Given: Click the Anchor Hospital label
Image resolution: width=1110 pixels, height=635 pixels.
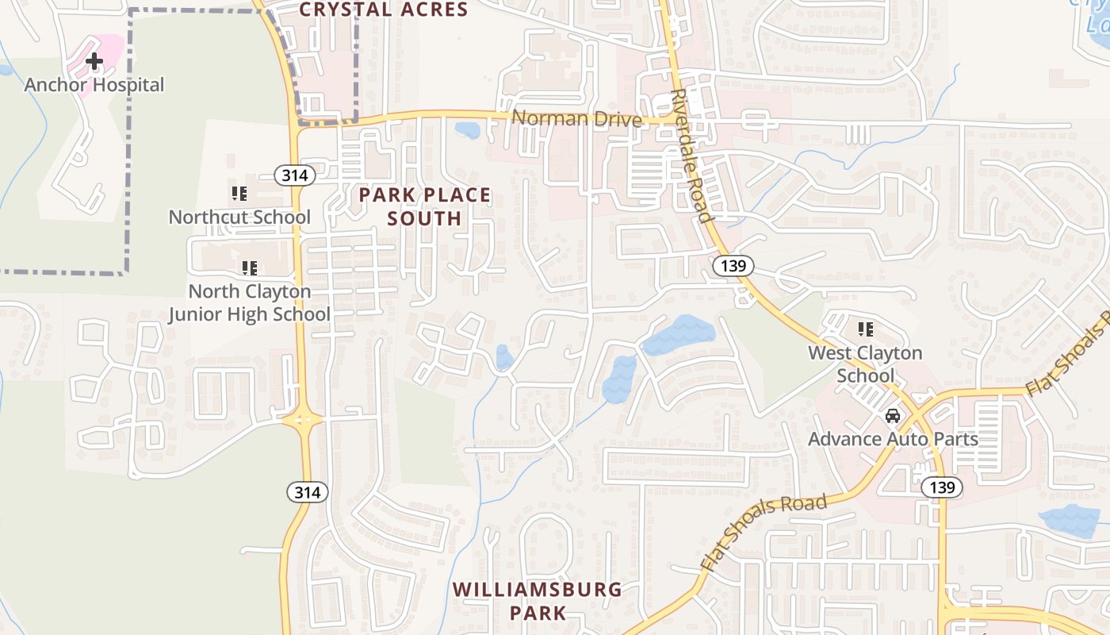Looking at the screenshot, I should pos(94,85).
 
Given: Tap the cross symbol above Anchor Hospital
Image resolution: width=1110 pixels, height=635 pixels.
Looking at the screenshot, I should pos(94,60).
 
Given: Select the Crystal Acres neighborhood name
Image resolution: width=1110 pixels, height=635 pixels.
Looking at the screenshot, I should pos(384,10).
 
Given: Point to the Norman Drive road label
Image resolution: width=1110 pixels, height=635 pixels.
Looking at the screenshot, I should pos(576,119).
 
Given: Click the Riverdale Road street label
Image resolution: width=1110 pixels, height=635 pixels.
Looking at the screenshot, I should pos(691,155).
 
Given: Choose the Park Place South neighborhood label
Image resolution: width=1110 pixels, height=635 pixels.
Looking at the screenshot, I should pos(425,206).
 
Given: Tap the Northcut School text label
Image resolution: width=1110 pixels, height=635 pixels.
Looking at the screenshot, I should pos(239,217).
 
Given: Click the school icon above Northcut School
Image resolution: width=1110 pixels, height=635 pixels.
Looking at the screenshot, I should pos(239,193).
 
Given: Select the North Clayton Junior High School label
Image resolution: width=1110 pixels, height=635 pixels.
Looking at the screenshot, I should pos(250,302).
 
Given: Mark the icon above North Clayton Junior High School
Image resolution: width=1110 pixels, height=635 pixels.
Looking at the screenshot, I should pos(250,268).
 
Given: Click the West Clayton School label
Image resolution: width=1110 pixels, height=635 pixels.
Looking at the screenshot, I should pos(865,364).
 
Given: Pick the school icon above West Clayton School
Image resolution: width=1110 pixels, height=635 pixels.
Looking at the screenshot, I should pos(865,329).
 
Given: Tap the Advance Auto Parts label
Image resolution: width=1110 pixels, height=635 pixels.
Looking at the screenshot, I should pos(893,438).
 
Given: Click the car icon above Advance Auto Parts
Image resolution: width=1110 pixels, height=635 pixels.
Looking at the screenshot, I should pos(893,416).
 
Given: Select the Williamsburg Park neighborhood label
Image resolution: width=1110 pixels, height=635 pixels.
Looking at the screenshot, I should pos(538,601).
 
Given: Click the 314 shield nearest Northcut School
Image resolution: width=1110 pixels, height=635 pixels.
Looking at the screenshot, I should pos(294,175).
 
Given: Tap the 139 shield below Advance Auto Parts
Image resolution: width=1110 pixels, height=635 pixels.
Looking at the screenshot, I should pos(942,487).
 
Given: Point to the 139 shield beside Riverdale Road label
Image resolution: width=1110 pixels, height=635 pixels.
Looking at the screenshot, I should pos(733,266).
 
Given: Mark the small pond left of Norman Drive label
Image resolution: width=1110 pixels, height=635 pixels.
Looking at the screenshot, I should pos(468,129).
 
